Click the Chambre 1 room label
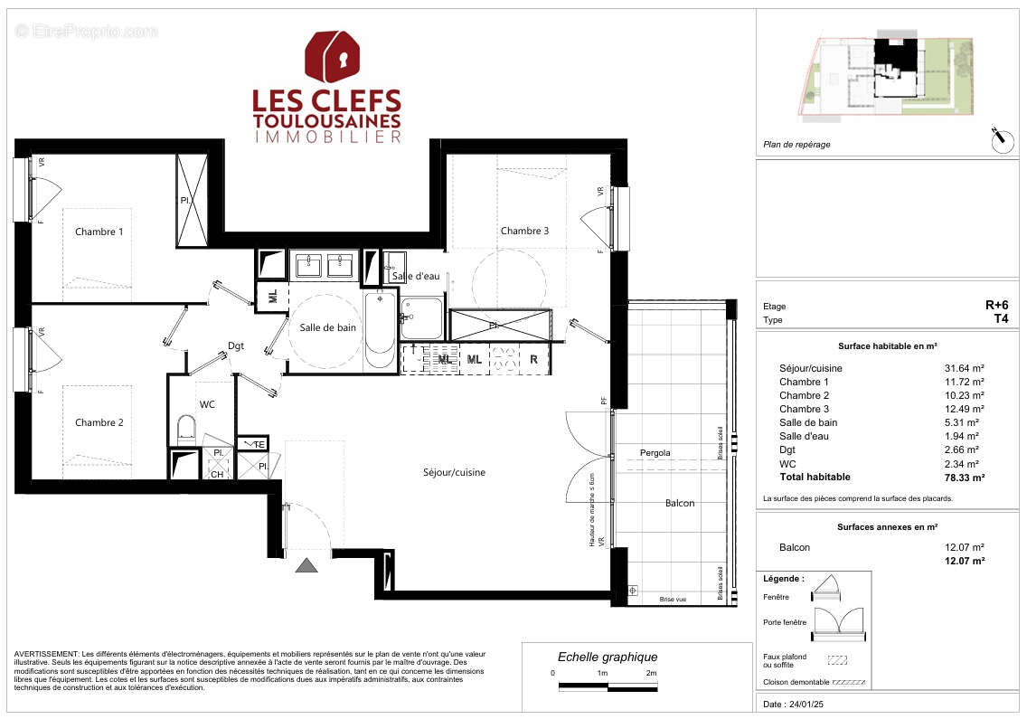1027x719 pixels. tap(99, 232)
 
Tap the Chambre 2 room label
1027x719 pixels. tap(99, 422)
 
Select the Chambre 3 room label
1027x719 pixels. tap(524, 231)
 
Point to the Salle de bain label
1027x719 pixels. tap(327, 327)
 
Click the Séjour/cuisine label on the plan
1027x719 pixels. tap(454, 472)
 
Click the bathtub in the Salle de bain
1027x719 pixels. tap(379, 329)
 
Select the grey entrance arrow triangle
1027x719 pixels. tap(307, 565)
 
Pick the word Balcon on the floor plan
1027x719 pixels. tap(679, 503)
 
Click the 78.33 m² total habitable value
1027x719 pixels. tap(966, 477)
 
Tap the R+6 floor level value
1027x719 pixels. tap(995, 306)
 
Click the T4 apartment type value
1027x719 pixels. tap(1000, 319)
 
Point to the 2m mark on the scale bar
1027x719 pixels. tap(651, 674)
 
